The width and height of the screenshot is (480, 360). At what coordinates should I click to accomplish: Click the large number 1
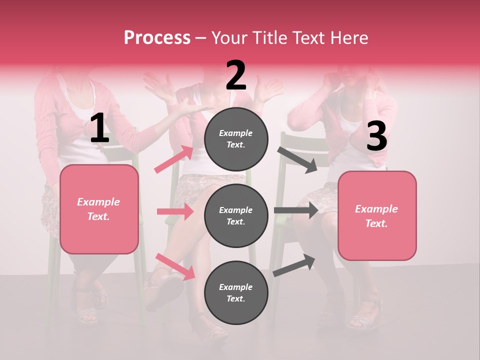pyautogui.click(x=99, y=128)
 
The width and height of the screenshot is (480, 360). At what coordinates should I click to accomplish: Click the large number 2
pyautogui.click(x=236, y=75)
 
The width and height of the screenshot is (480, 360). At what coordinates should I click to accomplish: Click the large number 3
pyautogui.click(x=376, y=136)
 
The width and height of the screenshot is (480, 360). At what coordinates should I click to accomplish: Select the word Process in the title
pyautogui.click(x=157, y=37)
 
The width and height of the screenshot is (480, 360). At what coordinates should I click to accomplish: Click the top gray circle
pyautogui.click(x=236, y=139)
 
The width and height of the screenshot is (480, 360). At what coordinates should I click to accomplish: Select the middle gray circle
pyautogui.click(x=236, y=215)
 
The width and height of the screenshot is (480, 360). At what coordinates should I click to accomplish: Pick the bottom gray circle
pyautogui.click(x=236, y=292)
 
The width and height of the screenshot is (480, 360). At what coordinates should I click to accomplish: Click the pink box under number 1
pyautogui.click(x=99, y=209)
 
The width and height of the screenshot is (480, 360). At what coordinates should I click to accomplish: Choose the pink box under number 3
pyautogui.click(x=377, y=215)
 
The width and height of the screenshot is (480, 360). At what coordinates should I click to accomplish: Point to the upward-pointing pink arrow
pyautogui.click(x=174, y=159)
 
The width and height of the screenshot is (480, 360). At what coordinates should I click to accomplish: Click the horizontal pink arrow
pyautogui.click(x=175, y=211)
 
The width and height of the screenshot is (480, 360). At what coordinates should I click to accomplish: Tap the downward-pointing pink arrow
pyautogui.click(x=175, y=266)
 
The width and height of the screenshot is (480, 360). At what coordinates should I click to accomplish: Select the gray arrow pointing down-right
pyautogui.click(x=297, y=160)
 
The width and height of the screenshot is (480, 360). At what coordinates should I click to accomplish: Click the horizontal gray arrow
pyautogui.click(x=296, y=210)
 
